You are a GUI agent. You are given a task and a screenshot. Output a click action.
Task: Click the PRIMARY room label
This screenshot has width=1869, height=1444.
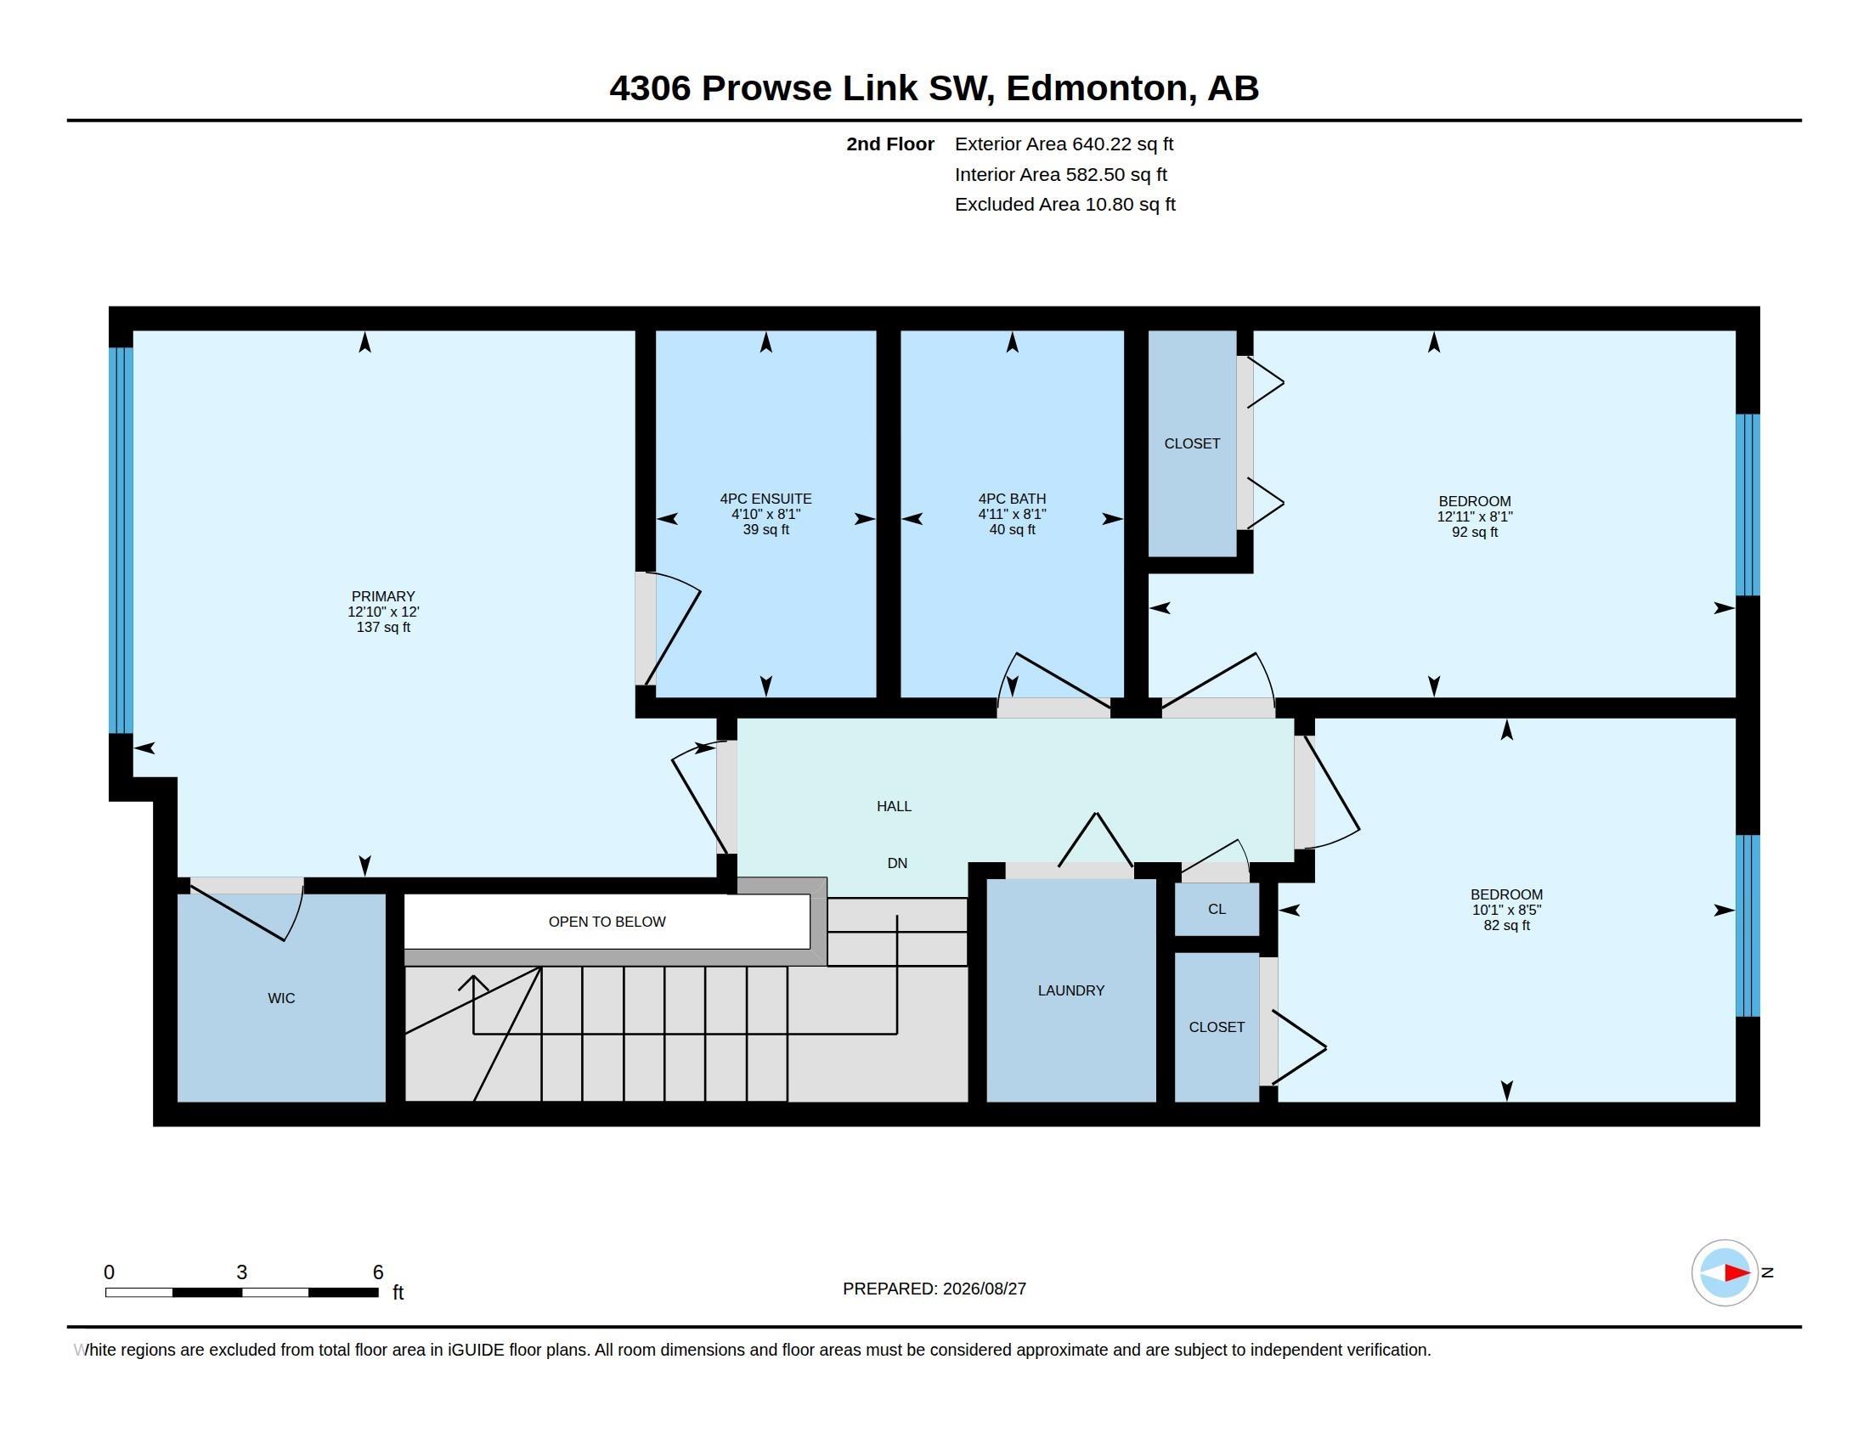382,596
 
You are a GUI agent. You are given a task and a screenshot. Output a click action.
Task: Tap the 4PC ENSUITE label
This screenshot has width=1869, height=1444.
766,499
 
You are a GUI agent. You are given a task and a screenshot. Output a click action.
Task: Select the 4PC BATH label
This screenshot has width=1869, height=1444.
1013,499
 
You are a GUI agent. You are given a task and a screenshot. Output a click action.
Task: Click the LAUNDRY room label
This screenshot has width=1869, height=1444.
1070,990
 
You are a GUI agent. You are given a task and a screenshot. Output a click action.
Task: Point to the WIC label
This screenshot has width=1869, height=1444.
280,998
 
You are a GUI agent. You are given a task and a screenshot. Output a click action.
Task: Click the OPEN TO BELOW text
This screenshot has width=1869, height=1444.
607,922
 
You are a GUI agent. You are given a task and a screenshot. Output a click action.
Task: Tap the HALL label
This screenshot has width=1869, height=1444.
894,806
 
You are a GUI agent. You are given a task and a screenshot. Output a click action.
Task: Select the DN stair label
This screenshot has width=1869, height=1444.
897,863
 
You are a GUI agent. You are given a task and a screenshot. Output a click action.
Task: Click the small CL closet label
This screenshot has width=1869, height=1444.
1217,910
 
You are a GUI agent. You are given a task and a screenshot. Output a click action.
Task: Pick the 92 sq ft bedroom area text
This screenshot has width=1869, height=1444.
1475,532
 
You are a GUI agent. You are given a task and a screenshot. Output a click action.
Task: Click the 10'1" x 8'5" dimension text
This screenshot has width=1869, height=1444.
1506,911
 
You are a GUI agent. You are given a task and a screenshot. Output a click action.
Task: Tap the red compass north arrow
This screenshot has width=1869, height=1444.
1736,1273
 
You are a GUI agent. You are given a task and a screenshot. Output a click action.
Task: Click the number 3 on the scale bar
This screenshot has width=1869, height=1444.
241,1272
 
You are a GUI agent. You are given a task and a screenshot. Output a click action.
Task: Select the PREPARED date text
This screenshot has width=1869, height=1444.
934,1289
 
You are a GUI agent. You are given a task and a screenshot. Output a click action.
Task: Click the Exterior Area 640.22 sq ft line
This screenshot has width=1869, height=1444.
1064,144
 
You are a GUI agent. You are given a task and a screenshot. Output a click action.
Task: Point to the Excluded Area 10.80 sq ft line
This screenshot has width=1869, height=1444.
1064,205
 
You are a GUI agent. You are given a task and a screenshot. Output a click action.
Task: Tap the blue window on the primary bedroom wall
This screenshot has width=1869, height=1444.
121,540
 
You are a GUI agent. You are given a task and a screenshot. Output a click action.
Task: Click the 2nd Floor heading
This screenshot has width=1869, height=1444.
890,144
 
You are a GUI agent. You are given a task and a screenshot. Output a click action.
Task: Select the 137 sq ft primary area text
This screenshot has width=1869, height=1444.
382,627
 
